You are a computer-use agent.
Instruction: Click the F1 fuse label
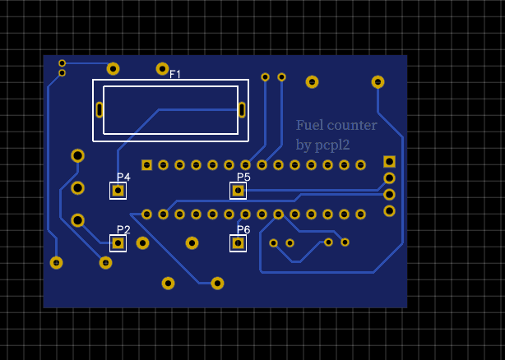pyautogui.click(x=175, y=75)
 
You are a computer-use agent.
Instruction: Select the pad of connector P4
pyautogui.click(x=118, y=191)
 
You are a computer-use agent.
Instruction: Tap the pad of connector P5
pyautogui.click(x=238, y=191)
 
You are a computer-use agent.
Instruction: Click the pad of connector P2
pyautogui.click(x=118, y=243)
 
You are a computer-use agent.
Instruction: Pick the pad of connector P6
pyautogui.click(x=238, y=243)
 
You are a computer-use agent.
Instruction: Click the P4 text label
pyautogui.click(x=123, y=177)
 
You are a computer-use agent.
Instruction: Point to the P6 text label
pyautogui.click(x=243, y=229)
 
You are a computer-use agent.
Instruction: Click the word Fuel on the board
pyautogui.click(x=310, y=125)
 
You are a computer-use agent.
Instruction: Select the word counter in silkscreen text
pyautogui.click(x=352, y=125)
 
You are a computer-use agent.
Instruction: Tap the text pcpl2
pyautogui.click(x=333, y=145)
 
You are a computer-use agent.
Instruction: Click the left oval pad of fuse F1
pyautogui.click(x=100, y=109)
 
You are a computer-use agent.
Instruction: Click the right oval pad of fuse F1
pyautogui.click(x=242, y=109)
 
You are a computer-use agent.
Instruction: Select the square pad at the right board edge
pyautogui.click(x=389, y=161)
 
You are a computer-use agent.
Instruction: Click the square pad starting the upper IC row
pyautogui.click(x=146, y=165)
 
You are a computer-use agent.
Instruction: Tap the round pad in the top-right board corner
pyautogui.click(x=378, y=81)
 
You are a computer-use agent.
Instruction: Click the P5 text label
pyautogui.click(x=243, y=177)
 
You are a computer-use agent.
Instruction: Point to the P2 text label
pyautogui.click(x=123, y=229)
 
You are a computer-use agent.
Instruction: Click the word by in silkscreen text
pyautogui.click(x=303, y=145)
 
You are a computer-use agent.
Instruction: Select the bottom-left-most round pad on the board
pyautogui.click(x=56, y=263)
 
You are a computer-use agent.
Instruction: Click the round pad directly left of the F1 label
pyautogui.click(x=162, y=69)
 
